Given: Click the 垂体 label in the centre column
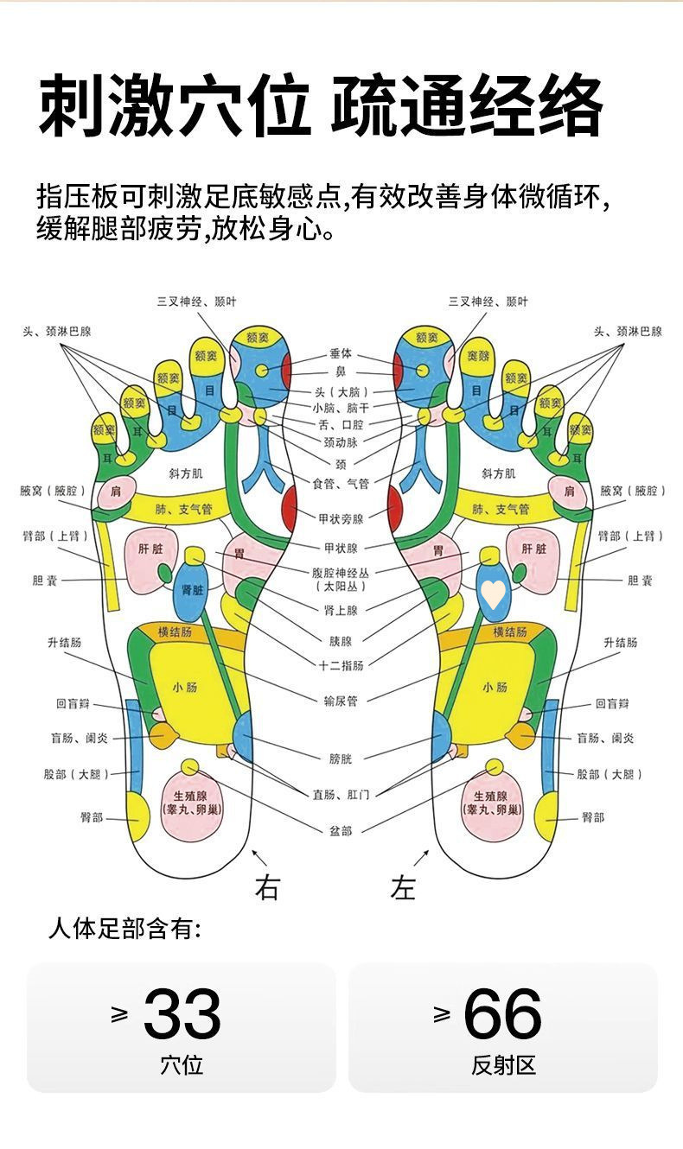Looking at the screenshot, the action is click(x=341, y=354).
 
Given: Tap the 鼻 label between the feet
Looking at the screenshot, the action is click(x=341, y=372).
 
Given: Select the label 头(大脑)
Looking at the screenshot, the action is click(x=341, y=391).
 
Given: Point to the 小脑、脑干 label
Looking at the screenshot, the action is click(x=341, y=408).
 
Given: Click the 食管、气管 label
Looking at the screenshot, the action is click(x=341, y=485).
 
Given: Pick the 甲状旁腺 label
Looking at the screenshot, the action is click(x=341, y=518).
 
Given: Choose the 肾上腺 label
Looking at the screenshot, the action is click(x=341, y=610).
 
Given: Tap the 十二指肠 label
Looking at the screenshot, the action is click(x=341, y=665).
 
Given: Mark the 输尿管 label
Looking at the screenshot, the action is click(x=341, y=701).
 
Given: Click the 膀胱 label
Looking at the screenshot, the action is click(x=341, y=759).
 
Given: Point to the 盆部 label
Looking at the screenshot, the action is click(x=341, y=831).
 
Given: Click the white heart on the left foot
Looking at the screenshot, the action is click(x=493, y=593).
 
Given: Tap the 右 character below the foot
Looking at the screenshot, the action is click(x=267, y=887).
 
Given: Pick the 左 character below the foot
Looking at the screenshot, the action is click(x=404, y=887).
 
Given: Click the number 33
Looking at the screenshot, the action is click(x=182, y=1015).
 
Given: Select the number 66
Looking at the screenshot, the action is click(x=502, y=1015).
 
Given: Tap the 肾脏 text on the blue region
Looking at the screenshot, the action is click(x=193, y=590).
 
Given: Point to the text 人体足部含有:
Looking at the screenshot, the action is click(x=125, y=930).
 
